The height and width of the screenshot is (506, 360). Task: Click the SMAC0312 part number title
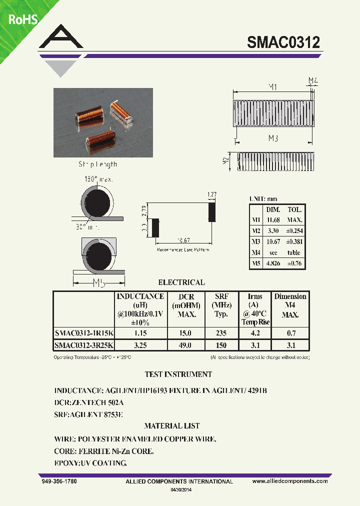pos(283,42)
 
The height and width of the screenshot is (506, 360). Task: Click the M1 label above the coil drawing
pos(273,87)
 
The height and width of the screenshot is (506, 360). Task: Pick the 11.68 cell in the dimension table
pos(273,220)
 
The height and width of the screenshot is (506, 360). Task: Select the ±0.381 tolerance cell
pos(294,242)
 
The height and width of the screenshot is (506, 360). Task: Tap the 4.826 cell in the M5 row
pos(273,263)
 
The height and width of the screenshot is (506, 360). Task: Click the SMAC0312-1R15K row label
pos(83,333)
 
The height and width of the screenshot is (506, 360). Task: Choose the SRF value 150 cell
pos(220,345)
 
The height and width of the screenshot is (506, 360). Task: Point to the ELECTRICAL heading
pos(181,282)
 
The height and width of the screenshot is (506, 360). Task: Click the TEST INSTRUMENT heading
pos(178,374)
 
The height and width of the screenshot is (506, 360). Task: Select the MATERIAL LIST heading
pos(172,426)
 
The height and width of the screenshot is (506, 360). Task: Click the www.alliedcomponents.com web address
pos(290,481)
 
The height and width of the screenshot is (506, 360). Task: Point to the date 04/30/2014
pos(181,490)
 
